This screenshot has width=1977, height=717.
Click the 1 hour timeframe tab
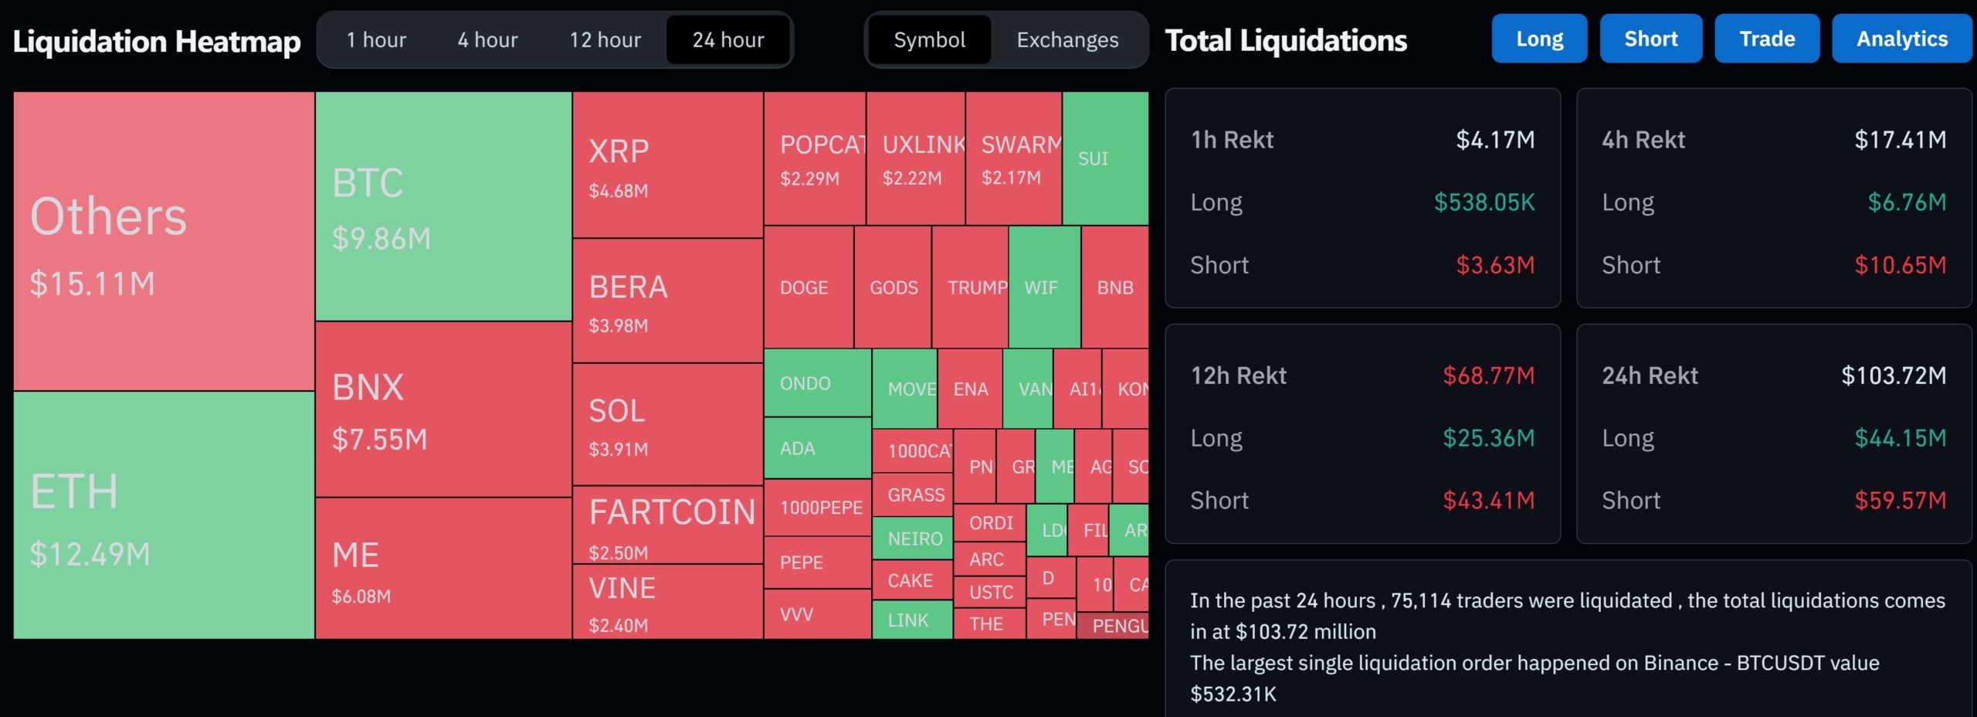click(376, 40)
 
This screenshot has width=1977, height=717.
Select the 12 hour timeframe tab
click(605, 40)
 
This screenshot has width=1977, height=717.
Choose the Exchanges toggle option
click(1067, 40)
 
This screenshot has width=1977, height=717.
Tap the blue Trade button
click(1767, 39)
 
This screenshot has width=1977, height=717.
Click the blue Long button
click(1539, 39)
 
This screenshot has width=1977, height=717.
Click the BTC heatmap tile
click(443, 206)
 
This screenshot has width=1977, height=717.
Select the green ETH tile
click(164, 515)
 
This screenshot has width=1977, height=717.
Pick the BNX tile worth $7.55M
click(443, 409)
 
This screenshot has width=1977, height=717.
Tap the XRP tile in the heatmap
click(668, 165)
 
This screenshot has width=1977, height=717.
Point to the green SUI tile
click(1105, 158)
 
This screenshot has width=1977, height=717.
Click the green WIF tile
click(1044, 287)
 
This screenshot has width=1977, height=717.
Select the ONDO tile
click(817, 383)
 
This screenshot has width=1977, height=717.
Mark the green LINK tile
click(911, 620)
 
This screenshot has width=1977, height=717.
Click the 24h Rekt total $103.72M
click(1894, 375)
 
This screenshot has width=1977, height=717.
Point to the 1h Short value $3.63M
click(1495, 265)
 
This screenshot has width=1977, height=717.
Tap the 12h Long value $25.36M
click(1488, 438)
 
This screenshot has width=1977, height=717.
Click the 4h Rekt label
click(1643, 140)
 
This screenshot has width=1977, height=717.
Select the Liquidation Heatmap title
click(157, 42)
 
